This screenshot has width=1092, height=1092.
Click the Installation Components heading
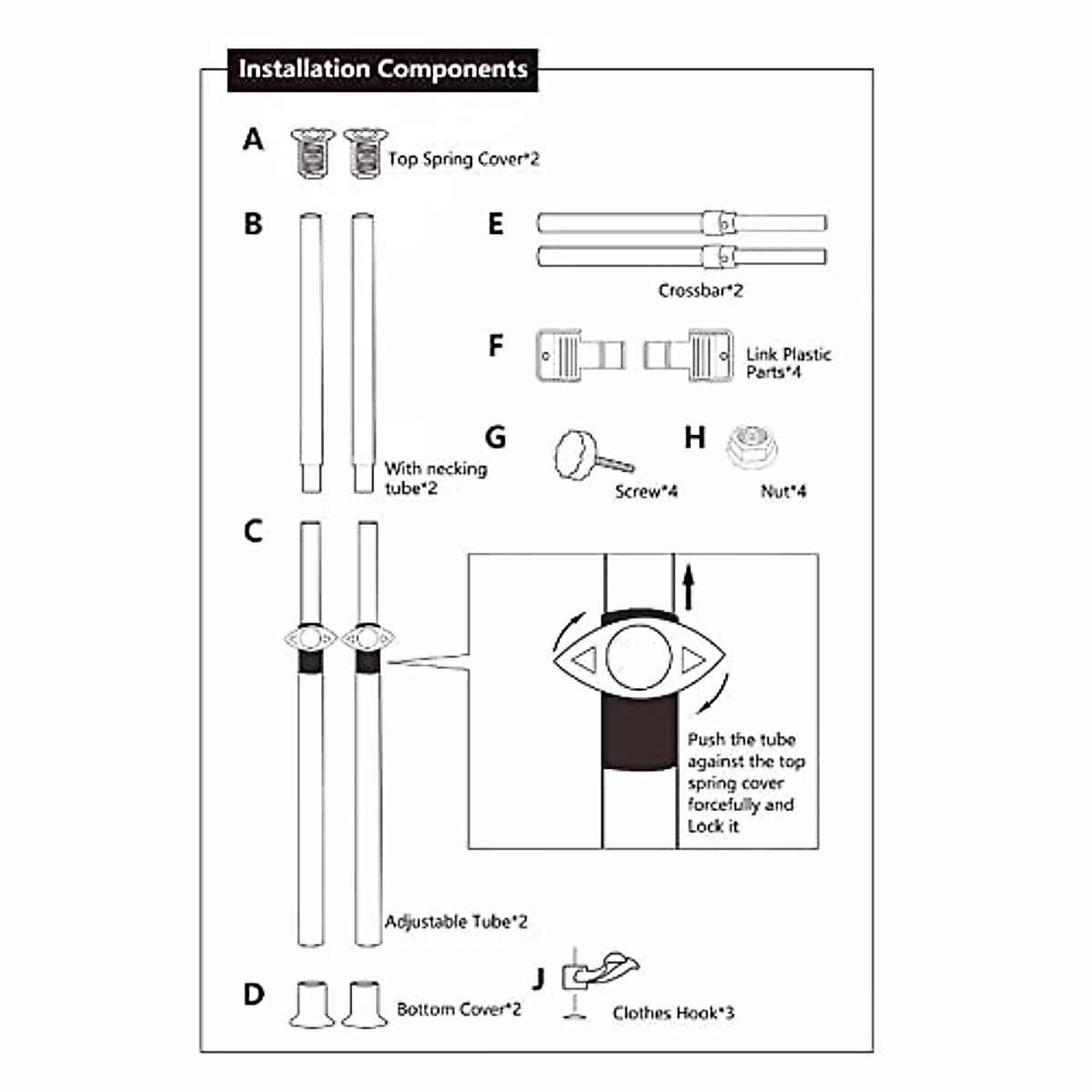[x=382, y=70]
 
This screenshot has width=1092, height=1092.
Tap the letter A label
[x=254, y=140]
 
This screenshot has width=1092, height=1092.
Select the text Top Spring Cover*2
[x=463, y=159]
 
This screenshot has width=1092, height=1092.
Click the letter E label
[x=495, y=224]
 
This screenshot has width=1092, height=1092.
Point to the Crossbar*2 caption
[x=700, y=291]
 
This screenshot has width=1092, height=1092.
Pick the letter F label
[x=495, y=346]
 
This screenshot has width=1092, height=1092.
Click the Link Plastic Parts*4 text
[x=787, y=363]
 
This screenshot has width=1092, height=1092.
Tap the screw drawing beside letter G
[x=591, y=455]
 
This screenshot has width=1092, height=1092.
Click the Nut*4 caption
[x=783, y=491]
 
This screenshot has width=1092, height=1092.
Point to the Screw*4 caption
[x=646, y=491]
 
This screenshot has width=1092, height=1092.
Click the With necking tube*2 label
[x=435, y=478]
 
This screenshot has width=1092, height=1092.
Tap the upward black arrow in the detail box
[x=689, y=587]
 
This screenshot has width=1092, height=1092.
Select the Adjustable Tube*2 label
[x=456, y=922]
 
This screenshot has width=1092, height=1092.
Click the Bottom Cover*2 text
[x=459, y=1009]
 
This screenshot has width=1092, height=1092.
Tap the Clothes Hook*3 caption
[x=672, y=1013]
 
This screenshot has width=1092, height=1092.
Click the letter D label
[x=254, y=994]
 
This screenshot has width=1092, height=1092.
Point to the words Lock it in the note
[x=713, y=826]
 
